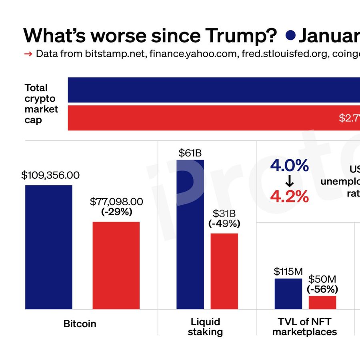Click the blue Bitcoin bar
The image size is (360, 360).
49,247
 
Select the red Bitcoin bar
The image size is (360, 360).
116,265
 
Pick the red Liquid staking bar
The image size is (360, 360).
224,271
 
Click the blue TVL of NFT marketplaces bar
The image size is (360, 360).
288,294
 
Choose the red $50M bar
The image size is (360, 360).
322,302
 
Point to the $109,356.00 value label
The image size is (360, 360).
50,175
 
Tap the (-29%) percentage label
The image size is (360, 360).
116,212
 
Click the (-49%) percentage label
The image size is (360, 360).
224,224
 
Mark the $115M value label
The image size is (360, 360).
288,272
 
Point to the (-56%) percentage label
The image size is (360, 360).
322,289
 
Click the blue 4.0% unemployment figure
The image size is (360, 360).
290,166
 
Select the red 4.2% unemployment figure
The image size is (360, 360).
290,196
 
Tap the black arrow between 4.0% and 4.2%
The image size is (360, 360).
290,181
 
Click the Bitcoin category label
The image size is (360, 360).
80,324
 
